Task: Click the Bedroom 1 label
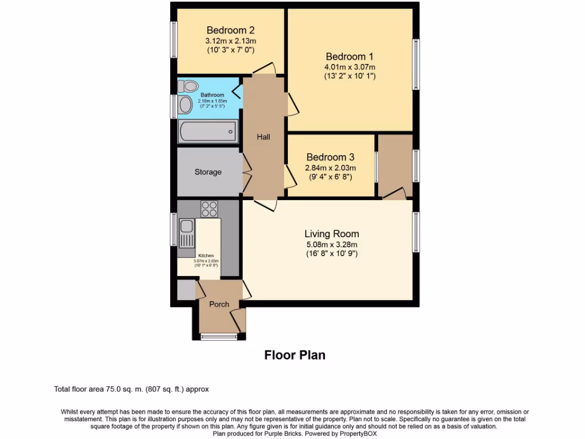[x=349, y=57]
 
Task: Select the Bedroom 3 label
[x=330, y=157]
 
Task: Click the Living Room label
[x=331, y=234]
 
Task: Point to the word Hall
[x=263, y=137]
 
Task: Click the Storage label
[x=208, y=172]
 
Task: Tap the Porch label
[x=219, y=304]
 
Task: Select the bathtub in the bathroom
[x=207, y=131]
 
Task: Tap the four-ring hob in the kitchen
[x=209, y=209]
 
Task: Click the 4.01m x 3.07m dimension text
[x=349, y=66]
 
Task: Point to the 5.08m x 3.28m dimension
[x=331, y=244]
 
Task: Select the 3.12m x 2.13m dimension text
[x=230, y=41]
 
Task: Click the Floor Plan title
[x=295, y=355]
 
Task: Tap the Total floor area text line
[x=131, y=389]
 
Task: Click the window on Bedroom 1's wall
[x=416, y=64]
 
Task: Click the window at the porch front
[x=219, y=337]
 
